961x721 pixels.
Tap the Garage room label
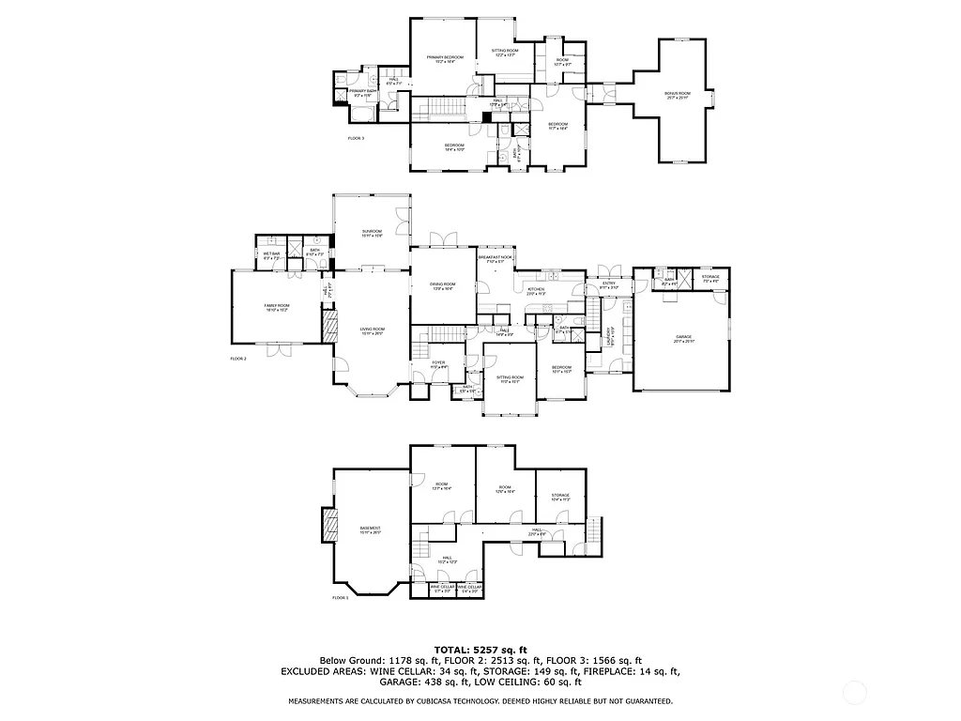pos(681,337)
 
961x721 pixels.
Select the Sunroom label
pos(372,233)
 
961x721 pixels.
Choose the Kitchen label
pos(536,290)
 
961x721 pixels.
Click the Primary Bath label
pos(362,92)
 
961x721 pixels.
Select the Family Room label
pos(276,308)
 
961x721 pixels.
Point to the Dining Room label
pos(442,286)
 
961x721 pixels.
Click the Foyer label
pos(437,364)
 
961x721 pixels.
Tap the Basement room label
pos(370,529)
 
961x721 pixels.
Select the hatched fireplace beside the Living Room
pos(329,329)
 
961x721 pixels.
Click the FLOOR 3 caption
pos(356,138)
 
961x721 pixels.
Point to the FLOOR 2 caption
pos(237,359)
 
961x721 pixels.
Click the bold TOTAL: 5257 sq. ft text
pos(480,650)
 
